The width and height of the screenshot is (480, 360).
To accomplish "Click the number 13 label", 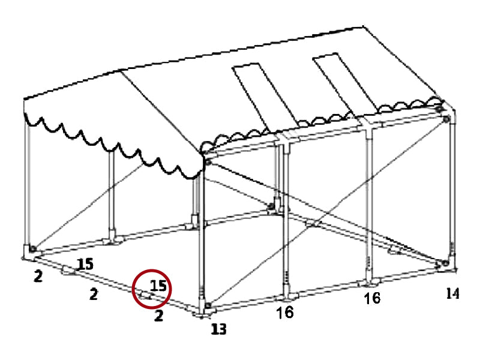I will click(219, 328).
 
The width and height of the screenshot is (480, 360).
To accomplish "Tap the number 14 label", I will click(452, 293).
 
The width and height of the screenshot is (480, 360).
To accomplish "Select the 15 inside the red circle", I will click(158, 286).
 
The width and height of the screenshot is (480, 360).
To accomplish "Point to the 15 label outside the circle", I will click(85, 263).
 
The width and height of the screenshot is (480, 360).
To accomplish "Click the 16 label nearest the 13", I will click(285, 313).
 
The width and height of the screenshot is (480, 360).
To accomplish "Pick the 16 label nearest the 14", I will click(372, 298).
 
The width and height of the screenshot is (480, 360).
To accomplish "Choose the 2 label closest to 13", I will click(158, 316).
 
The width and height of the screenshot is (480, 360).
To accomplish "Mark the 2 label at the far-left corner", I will click(38, 277).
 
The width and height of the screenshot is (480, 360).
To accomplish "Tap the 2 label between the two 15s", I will click(94, 295).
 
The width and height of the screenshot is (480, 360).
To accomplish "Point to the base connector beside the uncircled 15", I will click(68, 271).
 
